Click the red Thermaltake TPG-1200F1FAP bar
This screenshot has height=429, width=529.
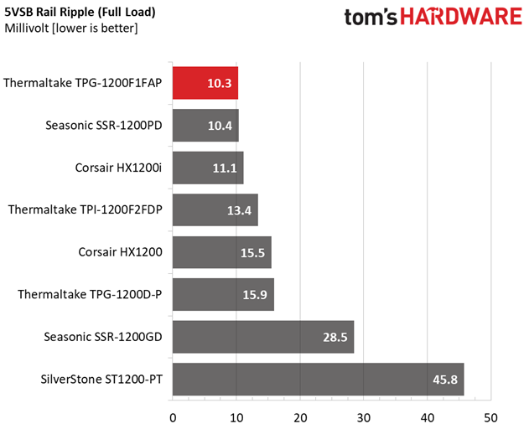point(205,83)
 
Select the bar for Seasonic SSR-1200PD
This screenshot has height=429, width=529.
point(205,126)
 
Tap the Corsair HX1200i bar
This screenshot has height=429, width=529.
point(208,168)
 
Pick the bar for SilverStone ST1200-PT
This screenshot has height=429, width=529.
point(318,380)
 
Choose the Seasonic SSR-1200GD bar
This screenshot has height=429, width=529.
point(263,338)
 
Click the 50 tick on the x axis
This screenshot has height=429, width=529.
point(491,416)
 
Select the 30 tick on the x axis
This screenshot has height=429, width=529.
point(364,416)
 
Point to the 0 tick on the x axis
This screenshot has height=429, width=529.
point(173,416)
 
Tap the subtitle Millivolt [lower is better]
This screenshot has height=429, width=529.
point(71,28)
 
